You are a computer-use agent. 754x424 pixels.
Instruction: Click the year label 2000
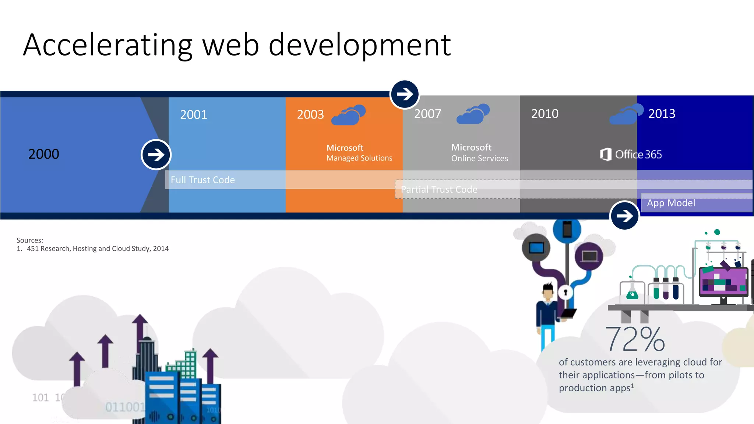tap(43, 154)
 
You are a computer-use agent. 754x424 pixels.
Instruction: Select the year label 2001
tap(193, 114)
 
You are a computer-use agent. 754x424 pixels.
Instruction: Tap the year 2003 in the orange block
tap(310, 114)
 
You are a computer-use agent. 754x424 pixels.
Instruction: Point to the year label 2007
tap(427, 114)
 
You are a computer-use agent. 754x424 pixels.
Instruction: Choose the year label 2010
tap(545, 114)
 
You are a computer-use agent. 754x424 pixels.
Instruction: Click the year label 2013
tap(662, 114)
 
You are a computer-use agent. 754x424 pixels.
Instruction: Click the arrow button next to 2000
tap(156, 155)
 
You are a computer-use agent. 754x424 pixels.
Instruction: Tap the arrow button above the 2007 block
tap(405, 94)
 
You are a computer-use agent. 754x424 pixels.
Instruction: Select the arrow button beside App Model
tap(624, 216)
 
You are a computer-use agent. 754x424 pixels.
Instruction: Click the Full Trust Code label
tap(202, 180)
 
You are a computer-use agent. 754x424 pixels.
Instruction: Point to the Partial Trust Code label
tap(439, 190)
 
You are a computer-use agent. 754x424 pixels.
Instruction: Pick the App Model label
tap(671, 203)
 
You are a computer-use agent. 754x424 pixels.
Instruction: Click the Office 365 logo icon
tap(606, 154)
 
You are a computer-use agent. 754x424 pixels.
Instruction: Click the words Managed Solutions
tap(359, 158)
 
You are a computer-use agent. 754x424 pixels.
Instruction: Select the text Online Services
tap(479, 159)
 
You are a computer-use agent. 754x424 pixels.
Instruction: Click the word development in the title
tap(359, 45)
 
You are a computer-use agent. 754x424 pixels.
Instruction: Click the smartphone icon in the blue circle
tap(567, 230)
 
